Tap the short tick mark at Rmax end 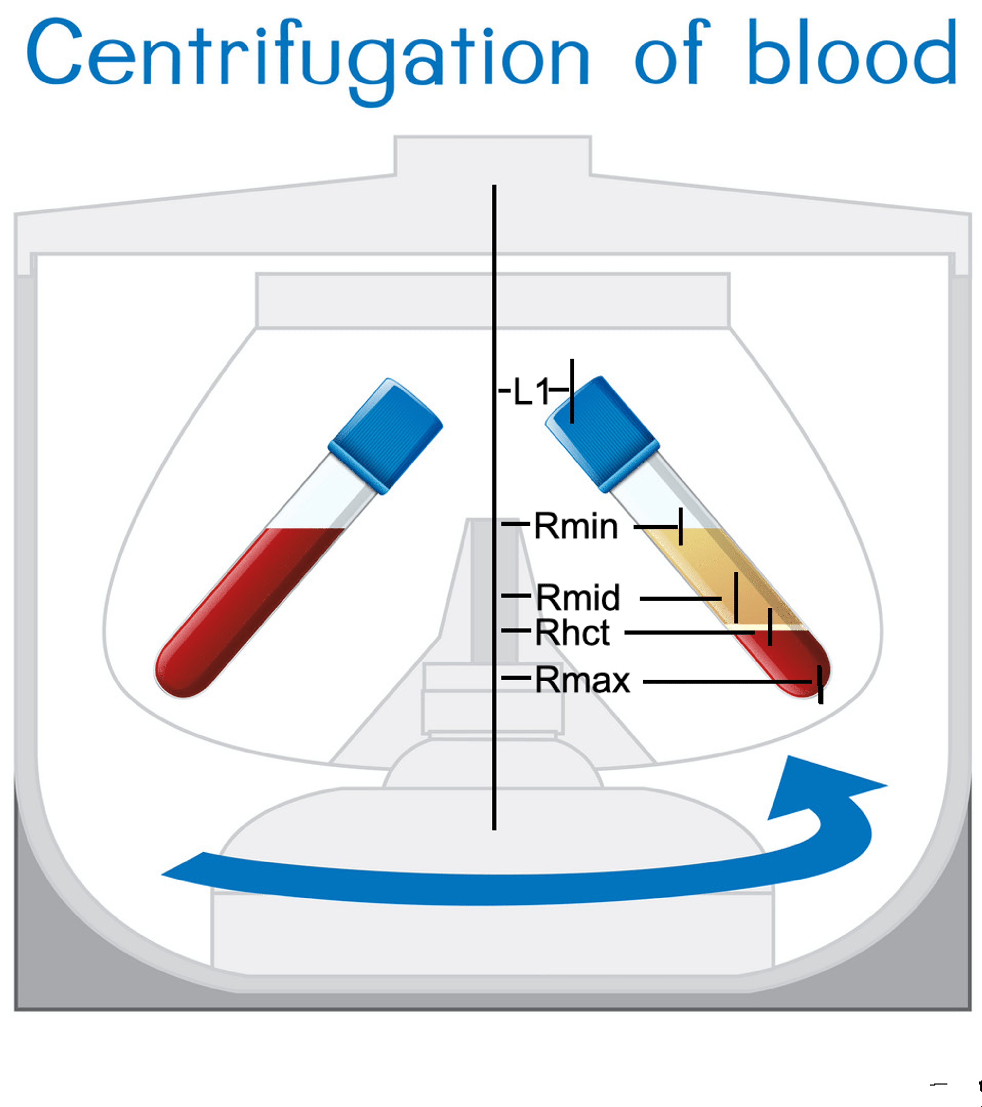[820, 685]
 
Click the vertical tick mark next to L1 [572, 391]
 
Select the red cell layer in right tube [785, 658]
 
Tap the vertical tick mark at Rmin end [680, 526]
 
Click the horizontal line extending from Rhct [688, 632]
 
